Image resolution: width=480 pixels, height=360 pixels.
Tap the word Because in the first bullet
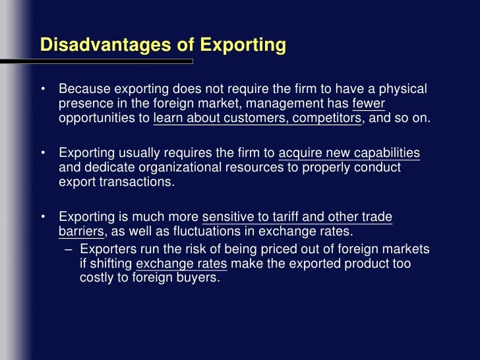(84, 89)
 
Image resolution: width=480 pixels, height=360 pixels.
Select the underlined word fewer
(369, 104)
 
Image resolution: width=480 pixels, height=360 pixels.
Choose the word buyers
(198, 278)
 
